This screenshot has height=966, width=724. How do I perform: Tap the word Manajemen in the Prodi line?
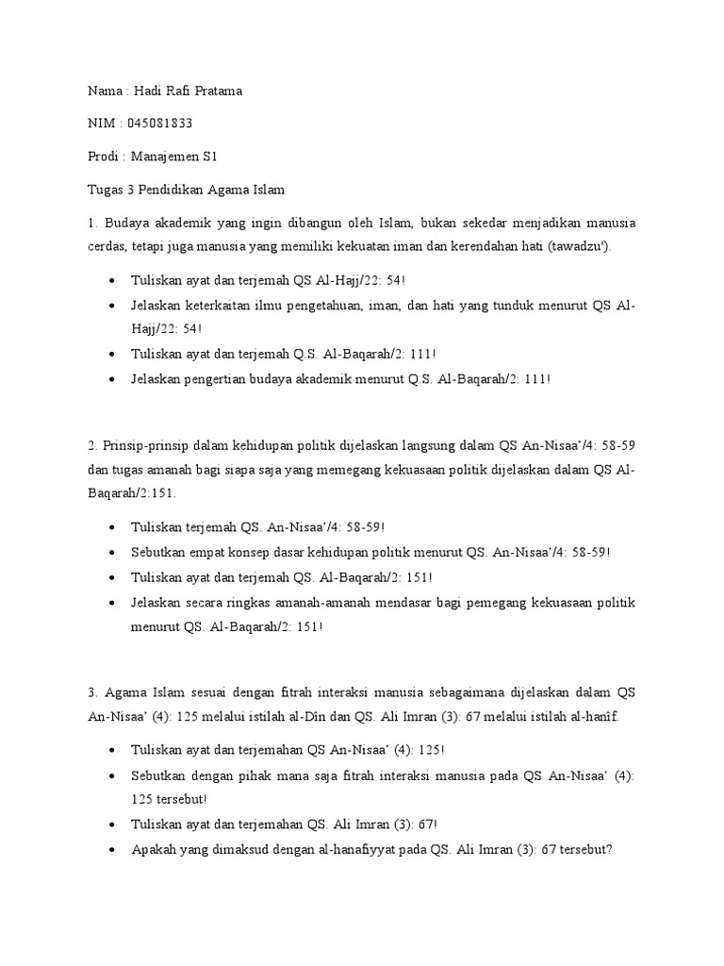(x=159, y=156)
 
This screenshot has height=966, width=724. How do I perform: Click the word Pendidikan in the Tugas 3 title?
(x=164, y=189)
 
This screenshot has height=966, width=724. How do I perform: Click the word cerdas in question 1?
(x=96, y=246)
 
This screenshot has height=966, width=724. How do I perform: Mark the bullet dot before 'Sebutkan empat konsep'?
(x=114, y=553)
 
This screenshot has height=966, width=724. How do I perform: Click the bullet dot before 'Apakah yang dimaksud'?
(x=114, y=849)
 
